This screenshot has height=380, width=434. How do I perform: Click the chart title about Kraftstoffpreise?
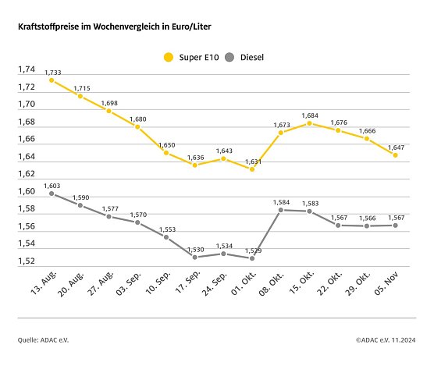[114, 27]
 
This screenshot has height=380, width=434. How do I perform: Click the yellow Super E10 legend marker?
[167, 57]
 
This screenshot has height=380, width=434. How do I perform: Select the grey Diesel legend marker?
[229, 57]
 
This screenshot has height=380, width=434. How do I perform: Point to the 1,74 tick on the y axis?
[27, 69]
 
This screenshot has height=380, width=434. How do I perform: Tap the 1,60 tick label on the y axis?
[27, 191]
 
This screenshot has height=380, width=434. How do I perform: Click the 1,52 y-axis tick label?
[27, 261]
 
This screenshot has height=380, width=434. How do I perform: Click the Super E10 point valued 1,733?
[52, 80]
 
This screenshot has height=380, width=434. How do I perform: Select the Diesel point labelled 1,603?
[52, 193]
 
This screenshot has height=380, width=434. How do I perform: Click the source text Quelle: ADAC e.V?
[44, 339]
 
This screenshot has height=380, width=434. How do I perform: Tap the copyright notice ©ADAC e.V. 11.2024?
[385, 339]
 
